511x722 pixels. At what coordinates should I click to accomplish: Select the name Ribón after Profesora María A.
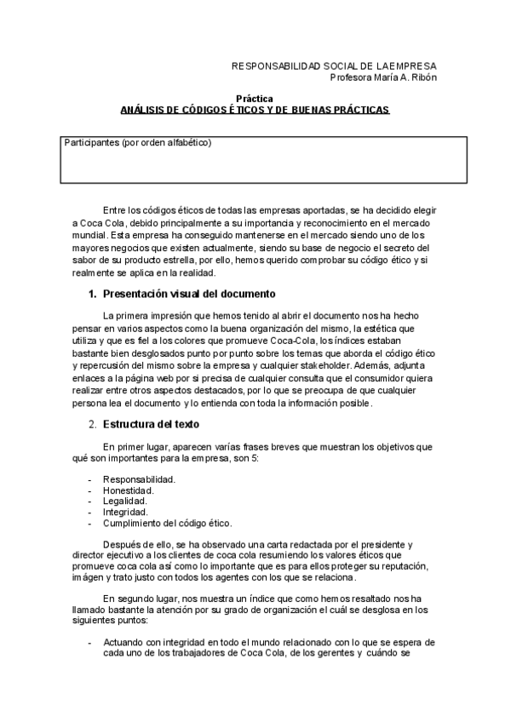[422, 77]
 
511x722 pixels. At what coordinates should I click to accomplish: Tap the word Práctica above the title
[255, 99]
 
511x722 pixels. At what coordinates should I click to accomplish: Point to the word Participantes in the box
[91, 143]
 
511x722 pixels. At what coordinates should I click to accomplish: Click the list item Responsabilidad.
[139, 479]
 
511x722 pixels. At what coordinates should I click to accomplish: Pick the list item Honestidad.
[129, 490]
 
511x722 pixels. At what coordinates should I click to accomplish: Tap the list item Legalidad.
[125, 501]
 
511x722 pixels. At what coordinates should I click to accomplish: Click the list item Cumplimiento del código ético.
[167, 524]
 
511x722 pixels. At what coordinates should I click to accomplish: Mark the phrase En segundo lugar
[141, 599]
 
